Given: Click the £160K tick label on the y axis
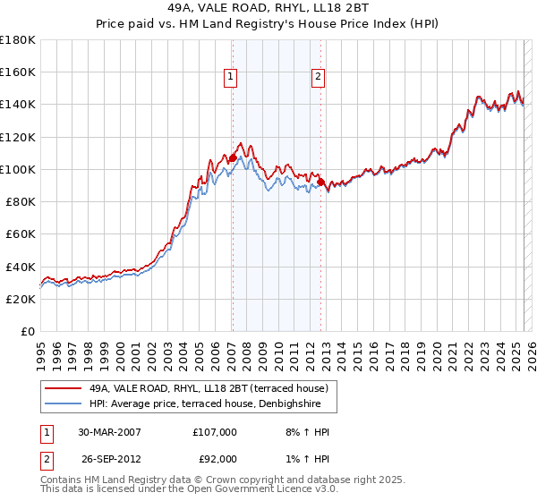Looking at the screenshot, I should pos(18,72).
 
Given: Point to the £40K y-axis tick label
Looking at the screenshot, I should pos(21,267).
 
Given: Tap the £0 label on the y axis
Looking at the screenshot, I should pos(30,332).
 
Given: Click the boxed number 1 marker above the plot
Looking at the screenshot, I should pos(231,78).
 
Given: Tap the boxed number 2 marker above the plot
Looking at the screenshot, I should pos(318,78).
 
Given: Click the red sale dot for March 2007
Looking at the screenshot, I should pos(233,158).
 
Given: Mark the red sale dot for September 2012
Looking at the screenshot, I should pos(320,183).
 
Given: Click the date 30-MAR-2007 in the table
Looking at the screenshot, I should pos(109,432).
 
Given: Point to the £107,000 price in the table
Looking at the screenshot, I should pos(215,432).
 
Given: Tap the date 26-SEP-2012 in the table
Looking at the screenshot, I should pos(109,460).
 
